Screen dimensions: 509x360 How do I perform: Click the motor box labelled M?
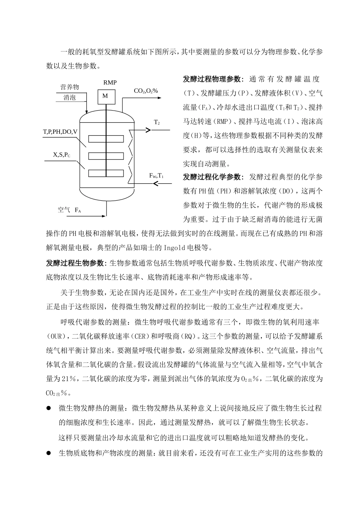(x=105, y=96)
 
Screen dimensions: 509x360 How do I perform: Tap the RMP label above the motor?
(x=110, y=83)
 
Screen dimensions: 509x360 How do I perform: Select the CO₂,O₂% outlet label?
(x=146, y=91)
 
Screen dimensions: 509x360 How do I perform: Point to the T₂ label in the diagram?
(x=157, y=122)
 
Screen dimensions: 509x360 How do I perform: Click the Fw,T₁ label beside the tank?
(x=157, y=176)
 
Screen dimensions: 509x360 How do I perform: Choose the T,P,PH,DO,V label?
(x=60, y=132)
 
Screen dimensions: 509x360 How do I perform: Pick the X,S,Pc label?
(x=62, y=155)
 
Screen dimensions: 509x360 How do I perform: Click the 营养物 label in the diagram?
(x=70, y=87)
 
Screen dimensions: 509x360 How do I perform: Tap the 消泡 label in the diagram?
(x=70, y=98)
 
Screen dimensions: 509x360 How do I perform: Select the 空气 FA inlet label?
(x=69, y=209)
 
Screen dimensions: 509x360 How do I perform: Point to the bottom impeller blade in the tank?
(x=106, y=173)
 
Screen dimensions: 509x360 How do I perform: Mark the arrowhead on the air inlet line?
(x=103, y=216)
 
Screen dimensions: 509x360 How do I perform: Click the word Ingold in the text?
(x=174, y=248)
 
